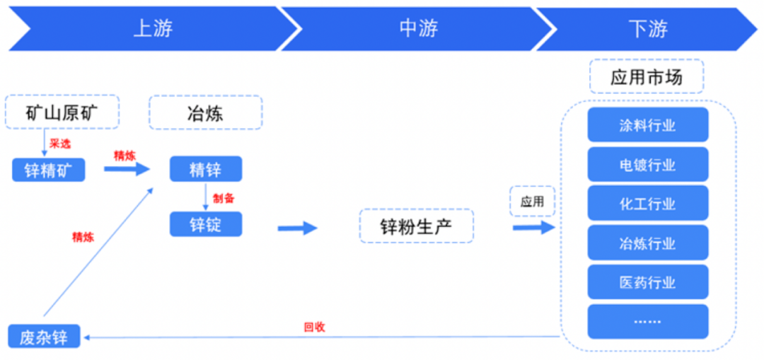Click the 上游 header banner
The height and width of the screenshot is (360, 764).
coord(152,29)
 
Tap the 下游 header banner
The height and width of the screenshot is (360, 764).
coord(647,29)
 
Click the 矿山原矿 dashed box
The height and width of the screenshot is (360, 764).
coord(62,112)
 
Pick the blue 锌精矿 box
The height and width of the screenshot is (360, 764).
coord(49,170)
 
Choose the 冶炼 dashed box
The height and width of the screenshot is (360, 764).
coord(205,112)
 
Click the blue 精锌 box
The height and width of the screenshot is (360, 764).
coord(206,170)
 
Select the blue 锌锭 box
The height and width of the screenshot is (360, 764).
coord(206,224)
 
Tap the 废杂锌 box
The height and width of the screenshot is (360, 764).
coord(44,336)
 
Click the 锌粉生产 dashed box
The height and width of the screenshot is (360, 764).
coord(416,226)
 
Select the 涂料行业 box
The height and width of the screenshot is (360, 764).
coord(647,126)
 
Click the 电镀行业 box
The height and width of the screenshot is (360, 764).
coord(647,166)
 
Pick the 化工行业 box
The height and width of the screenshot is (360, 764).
coord(647,204)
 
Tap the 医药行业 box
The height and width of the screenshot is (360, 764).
coord(647,283)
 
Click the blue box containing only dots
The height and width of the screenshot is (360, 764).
coord(647,321)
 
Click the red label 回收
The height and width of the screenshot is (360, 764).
coord(314,327)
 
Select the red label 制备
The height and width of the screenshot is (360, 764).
coord(224,198)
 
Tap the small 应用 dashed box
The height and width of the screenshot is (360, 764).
coord(532,202)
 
